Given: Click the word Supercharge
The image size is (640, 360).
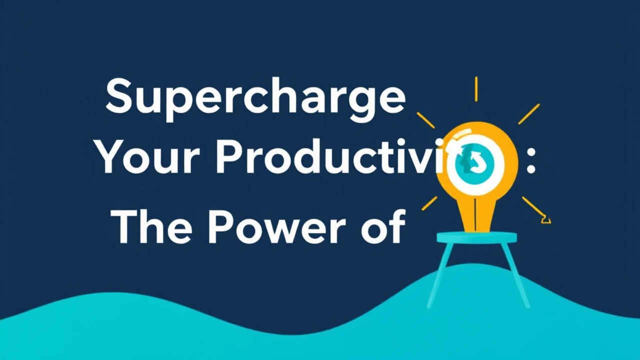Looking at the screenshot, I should pyautogui.click(x=255, y=97).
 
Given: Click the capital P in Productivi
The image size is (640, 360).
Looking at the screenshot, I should pyautogui.click(x=227, y=157).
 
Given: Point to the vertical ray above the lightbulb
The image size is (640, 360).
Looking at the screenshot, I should pyautogui.click(x=476, y=89).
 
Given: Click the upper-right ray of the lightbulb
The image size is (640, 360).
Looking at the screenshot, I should pyautogui.click(x=528, y=113).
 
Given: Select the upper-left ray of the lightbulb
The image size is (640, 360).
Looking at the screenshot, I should pyautogui.click(x=425, y=120).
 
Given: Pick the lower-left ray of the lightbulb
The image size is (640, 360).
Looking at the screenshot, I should pyautogui.click(x=429, y=203).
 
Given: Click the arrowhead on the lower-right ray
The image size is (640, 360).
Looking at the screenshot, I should pyautogui.click(x=546, y=219).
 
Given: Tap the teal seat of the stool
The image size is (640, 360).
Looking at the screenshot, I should pyautogui.click(x=476, y=237).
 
